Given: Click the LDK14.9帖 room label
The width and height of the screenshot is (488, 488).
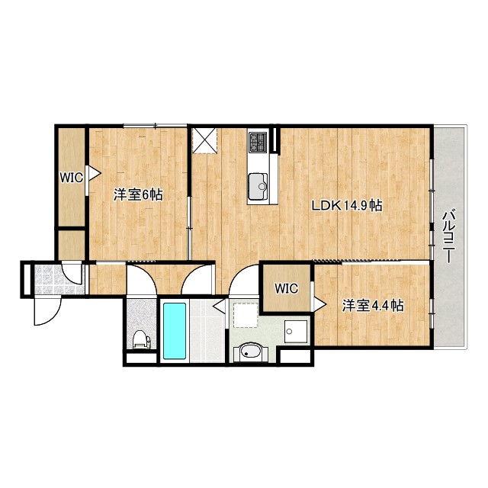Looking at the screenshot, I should (x=345, y=206).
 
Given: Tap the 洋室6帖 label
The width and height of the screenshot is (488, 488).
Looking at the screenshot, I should (x=138, y=194).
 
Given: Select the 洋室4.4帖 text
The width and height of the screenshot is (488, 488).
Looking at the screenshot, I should (x=372, y=306).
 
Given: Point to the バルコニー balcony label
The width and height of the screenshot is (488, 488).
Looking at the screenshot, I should (x=448, y=236).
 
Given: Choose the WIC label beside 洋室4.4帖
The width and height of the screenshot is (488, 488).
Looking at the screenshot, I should (x=286, y=288).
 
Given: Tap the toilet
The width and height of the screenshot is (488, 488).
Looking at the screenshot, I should (x=140, y=339).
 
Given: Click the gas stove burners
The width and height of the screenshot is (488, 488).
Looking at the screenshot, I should (x=257, y=142).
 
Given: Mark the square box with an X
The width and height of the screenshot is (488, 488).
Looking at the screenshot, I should (x=204, y=140).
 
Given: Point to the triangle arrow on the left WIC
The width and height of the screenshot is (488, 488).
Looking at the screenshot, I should (x=94, y=173).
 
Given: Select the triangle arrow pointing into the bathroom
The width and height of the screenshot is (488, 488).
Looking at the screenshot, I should (x=218, y=308).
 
